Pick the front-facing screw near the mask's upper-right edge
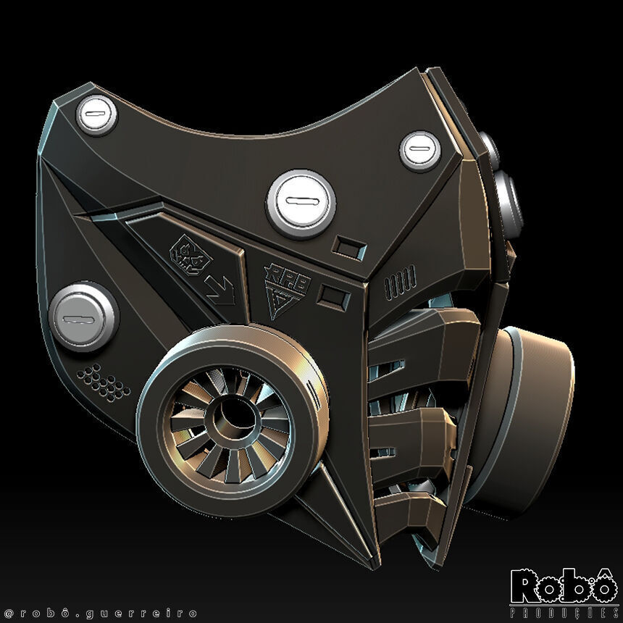tap(420, 150)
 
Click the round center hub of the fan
tap(230, 415)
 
